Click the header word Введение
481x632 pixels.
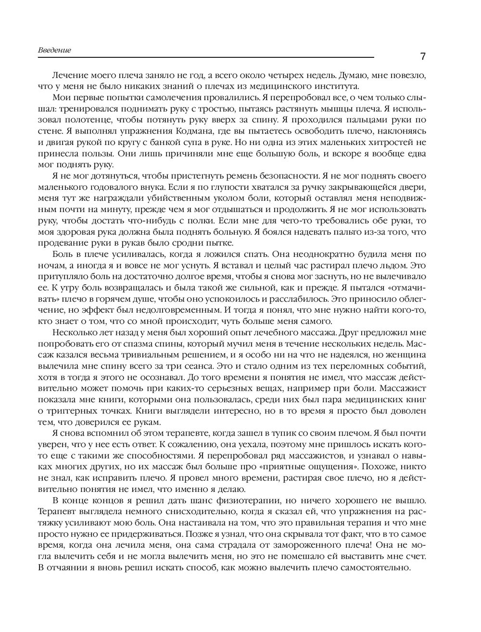click(x=54, y=50)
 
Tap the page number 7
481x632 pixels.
click(x=423, y=56)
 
